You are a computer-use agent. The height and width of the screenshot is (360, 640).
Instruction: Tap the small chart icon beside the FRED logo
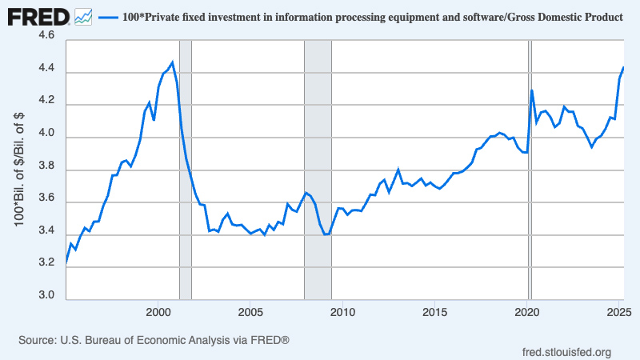83,15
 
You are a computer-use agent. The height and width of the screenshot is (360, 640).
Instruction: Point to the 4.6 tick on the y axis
46,37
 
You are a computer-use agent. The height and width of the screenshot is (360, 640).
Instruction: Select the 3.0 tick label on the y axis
46,296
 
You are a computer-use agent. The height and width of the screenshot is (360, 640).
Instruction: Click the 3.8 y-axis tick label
46,166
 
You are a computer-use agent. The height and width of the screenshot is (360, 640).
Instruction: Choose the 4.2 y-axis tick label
46,102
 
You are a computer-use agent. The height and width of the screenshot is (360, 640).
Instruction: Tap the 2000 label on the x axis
158,310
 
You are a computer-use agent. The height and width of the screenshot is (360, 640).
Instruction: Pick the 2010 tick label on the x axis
342,310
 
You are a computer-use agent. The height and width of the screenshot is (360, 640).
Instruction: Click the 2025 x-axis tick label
619,310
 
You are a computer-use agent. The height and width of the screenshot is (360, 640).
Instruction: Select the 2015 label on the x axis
434,310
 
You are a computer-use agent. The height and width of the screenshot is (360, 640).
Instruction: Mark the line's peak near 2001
172,62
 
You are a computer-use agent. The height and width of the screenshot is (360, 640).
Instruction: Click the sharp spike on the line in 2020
531,90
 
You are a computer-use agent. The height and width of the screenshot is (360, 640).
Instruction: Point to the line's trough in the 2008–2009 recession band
326,234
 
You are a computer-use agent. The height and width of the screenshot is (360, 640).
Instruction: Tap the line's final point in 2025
623,68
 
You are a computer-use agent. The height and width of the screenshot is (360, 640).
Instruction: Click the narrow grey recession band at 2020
529,200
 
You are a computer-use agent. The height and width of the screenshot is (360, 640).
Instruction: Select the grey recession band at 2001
185,200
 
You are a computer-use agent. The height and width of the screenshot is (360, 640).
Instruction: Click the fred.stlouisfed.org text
566,352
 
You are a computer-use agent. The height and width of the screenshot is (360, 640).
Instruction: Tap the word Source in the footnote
37,341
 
